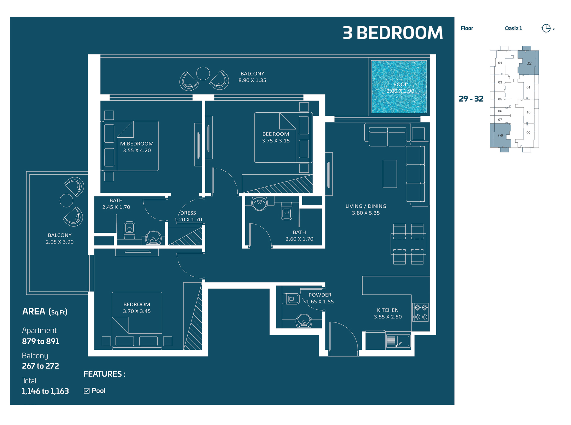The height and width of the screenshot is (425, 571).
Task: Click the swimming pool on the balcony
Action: pos(399,87)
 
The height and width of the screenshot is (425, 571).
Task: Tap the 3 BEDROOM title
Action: pos(392,33)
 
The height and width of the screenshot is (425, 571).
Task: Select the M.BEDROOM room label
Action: pos(137,144)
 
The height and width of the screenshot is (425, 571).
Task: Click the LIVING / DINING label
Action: pos(366,206)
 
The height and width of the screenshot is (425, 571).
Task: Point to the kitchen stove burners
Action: pos(421,312)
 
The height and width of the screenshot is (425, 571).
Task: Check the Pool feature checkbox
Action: pos(87,391)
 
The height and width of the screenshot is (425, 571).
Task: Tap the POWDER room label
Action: pos(319,295)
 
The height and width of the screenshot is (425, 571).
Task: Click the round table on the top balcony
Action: pos(203,73)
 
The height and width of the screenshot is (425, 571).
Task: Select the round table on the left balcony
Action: pos(67,201)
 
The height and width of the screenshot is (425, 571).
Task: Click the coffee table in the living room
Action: pos(390,174)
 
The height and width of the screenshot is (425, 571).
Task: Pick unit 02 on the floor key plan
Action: pos(529,63)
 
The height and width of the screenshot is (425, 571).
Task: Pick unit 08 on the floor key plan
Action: pos(501,136)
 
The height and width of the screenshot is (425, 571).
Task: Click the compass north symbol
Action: pos(546,28)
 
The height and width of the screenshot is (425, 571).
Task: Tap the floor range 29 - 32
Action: pos(471,99)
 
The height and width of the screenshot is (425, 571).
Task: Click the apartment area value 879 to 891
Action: pos(40,341)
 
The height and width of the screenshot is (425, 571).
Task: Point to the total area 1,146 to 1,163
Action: pos(45,391)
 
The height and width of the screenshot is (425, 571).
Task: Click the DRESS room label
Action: pos(188,213)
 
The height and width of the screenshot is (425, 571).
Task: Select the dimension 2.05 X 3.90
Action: pos(60,242)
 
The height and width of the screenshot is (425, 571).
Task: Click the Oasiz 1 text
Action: pos(513,28)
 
